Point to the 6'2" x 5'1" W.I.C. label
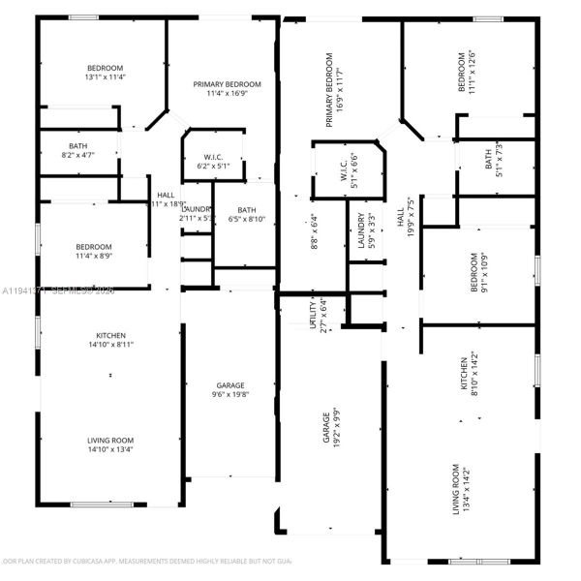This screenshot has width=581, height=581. tap(213, 161)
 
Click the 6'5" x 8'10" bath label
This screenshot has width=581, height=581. tap(247, 215)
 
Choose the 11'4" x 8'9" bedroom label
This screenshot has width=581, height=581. tap(94, 251)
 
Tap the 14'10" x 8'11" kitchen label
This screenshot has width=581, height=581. tap(110, 339)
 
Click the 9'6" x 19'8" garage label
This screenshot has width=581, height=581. tap(229, 389)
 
